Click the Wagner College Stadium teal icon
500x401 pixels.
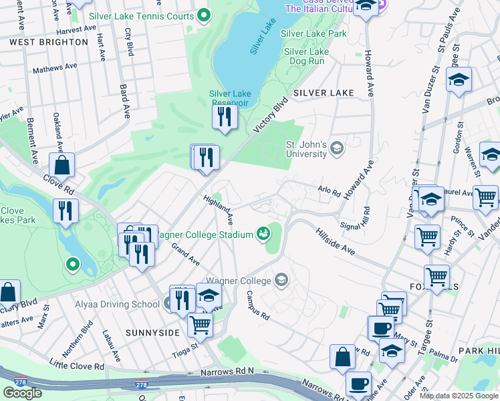263,233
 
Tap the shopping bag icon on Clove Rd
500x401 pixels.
61,165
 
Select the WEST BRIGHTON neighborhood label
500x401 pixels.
49,41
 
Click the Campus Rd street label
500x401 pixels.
257,304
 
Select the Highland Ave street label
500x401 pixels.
219,209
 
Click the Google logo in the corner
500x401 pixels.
22,393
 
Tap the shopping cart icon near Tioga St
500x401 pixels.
200,325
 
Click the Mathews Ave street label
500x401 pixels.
55,68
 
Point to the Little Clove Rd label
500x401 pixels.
77,365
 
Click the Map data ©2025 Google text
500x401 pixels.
459,396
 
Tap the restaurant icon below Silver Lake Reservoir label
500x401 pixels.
224,118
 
